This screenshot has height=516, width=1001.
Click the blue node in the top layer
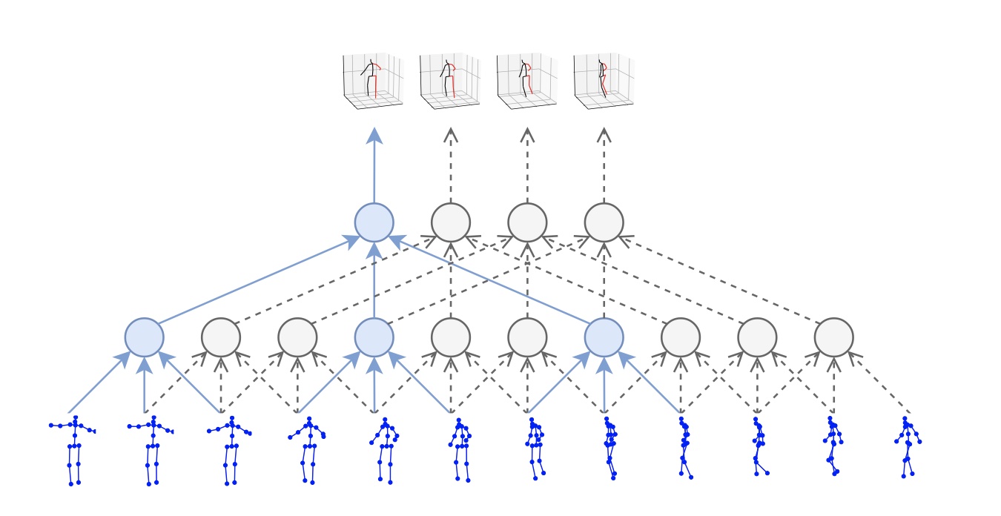pos(374,222)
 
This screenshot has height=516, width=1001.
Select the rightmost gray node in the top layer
pos(604,222)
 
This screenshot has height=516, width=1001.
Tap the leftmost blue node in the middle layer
pos(144,337)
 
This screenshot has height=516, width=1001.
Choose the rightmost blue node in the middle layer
pos(604,337)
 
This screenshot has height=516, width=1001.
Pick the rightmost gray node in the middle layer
pos(833,337)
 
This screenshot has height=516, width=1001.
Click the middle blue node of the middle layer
pos(374,337)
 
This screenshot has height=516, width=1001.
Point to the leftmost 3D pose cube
pos(372,81)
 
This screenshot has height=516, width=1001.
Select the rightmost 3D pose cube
pos(604,81)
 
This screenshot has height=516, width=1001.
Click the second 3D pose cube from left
pos(449,81)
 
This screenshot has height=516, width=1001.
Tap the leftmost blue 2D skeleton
pos(73,450)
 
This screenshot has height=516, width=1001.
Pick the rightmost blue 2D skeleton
pos(907,446)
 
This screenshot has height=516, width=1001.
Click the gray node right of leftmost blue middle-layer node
pos(221,337)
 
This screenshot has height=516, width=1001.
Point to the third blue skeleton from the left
pos(230,450)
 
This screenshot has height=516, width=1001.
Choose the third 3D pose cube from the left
pos(526,81)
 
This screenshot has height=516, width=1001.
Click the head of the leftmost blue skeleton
pos(75,418)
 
